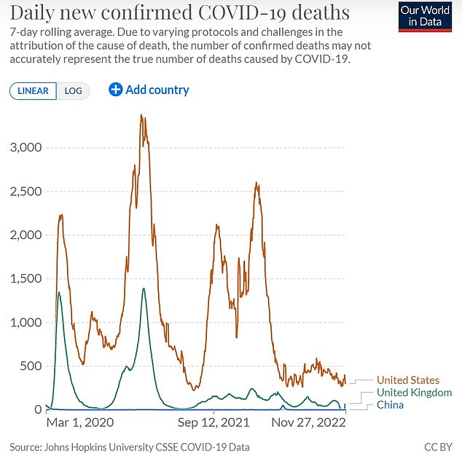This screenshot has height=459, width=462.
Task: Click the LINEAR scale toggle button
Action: (33, 91)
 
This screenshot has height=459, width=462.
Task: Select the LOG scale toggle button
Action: (73, 91)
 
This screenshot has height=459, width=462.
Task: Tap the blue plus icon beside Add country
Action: (115, 90)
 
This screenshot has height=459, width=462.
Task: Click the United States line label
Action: (407, 380)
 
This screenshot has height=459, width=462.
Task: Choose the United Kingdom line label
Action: (414, 393)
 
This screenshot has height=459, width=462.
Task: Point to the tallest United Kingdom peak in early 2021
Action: (144, 289)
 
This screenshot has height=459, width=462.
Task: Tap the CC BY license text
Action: (437, 445)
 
